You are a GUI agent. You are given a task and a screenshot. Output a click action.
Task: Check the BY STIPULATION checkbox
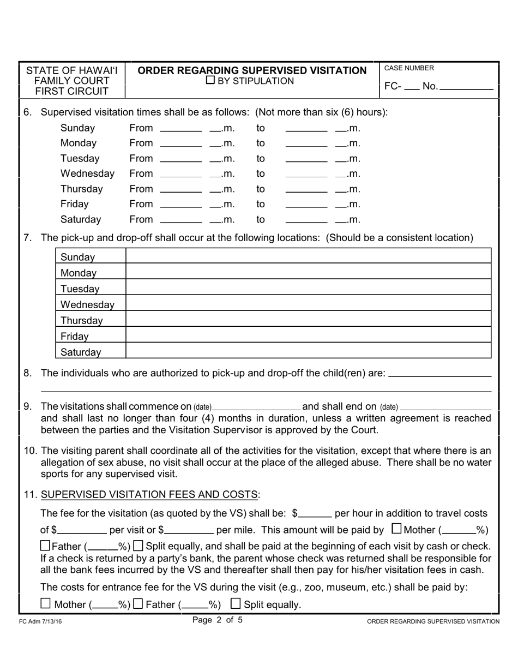(210, 81)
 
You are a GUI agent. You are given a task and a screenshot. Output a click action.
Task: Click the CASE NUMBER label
(409, 68)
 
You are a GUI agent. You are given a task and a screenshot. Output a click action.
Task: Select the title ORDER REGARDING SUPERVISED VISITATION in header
(252, 70)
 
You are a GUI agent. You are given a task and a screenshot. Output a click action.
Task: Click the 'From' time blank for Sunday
(182, 129)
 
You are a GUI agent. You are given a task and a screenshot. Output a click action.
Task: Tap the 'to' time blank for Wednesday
(305, 175)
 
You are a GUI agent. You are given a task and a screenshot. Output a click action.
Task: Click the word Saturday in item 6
(81, 220)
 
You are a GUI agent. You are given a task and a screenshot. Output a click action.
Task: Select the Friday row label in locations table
(75, 337)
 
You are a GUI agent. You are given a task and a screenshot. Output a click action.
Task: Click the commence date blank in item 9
(256, 407)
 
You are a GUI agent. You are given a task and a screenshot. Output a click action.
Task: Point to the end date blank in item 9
(445, 407)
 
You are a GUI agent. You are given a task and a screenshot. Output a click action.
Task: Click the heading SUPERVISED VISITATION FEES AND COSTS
(149, 495)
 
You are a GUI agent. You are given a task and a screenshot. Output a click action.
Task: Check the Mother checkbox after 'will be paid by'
(396, 529)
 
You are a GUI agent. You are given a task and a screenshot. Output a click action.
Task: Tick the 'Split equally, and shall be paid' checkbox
(138, 546)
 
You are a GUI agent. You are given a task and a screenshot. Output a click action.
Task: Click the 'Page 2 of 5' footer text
(218, 620)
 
